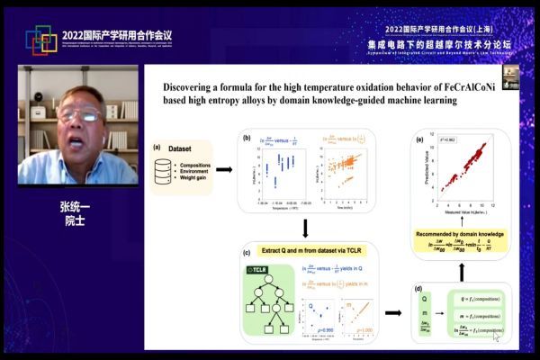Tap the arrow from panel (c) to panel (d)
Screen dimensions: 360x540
393,313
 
